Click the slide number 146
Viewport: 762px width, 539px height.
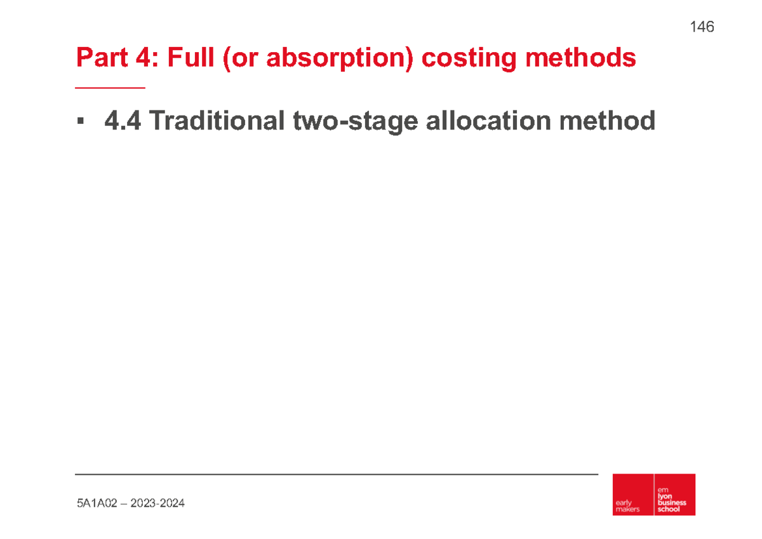(x=702, y=27)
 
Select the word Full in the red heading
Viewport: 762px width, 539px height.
(x=189, y=58)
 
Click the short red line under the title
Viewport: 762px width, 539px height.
(x=110, y=88)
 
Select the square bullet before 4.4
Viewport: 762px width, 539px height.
(x=79, y=121)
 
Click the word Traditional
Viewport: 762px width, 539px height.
(x=217, y=121)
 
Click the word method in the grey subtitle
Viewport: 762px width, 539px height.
(x=610, y=121)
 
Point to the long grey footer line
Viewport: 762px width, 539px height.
(x=337, y=474)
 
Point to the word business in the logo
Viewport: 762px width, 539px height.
(x=672, y=502)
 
